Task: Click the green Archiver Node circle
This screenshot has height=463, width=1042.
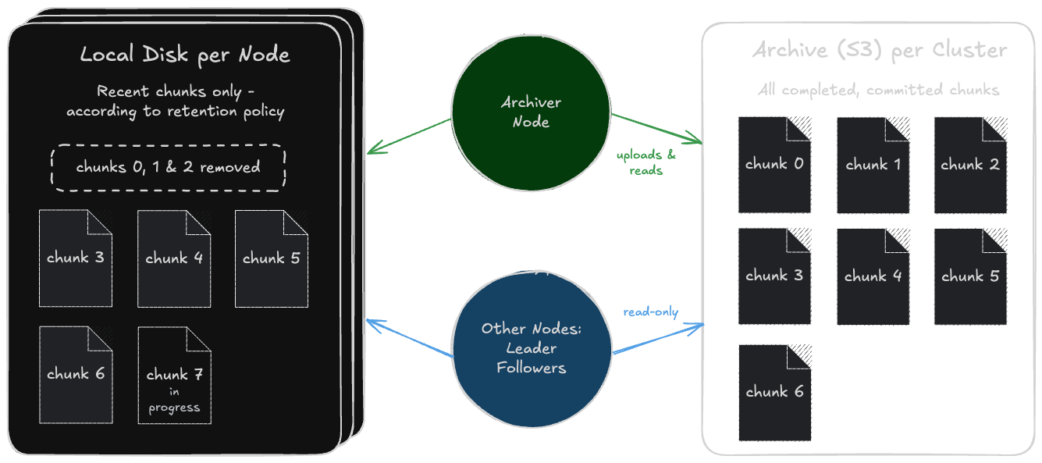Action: pos(531,112)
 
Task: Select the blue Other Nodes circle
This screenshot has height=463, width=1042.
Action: pos(531,348)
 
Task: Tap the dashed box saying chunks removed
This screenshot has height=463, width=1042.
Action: pos(168,167)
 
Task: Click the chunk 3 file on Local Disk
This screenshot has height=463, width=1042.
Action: pos(76,258)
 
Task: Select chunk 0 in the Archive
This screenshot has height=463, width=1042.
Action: pos(774,165)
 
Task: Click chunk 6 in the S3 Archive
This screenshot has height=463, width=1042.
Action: pos(774,392)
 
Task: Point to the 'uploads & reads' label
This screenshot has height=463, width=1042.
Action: pos(646,162)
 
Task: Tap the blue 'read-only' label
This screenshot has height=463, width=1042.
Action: pos(651,312)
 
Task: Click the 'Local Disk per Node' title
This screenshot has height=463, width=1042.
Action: pos(185,55)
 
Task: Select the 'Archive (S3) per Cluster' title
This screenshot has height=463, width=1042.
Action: pos(880,51)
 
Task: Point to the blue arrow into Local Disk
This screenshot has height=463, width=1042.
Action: pos(410,338)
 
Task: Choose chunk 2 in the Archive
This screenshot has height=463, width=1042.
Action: pos(969,165)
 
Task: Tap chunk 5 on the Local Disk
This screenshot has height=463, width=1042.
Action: pos(271,258)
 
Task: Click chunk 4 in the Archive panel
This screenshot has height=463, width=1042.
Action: pos(873,276)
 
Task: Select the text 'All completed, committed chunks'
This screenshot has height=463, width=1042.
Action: pos(878,90)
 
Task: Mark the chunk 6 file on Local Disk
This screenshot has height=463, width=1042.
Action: pos(76,375)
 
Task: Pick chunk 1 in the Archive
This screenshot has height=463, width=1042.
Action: pos(873,165)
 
